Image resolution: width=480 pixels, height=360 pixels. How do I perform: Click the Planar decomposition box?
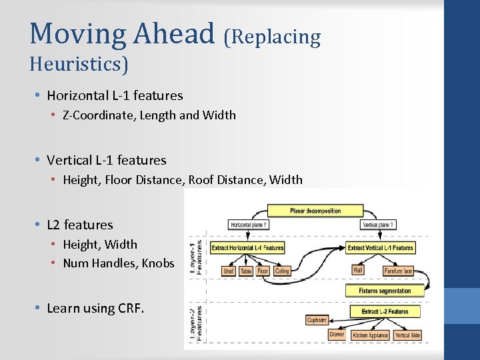click(315, 211)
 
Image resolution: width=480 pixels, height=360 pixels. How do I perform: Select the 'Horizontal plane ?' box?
click(248, 225)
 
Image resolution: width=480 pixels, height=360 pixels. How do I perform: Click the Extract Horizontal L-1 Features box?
click(247, 248)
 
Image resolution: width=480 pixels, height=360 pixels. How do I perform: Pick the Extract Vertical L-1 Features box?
click(381, 248)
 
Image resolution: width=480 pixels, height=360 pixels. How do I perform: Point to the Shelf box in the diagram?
click(229, 271)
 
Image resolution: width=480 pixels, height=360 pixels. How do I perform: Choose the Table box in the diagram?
click(246, 271)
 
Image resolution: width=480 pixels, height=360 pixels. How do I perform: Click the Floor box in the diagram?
click(263, 271)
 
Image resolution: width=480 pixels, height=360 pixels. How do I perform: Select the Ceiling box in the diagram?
click(282, 271)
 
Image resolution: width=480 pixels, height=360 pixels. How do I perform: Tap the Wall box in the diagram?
click(359, 271)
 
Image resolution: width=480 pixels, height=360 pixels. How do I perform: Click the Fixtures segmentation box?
click(385, 291)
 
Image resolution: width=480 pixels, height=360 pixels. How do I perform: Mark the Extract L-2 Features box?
click(385, 311)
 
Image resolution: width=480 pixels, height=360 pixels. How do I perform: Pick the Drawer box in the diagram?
click(337, 335)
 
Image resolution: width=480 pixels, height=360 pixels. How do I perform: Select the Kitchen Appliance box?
click(369, 335)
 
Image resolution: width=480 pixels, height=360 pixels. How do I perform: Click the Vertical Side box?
click(407, 335)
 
